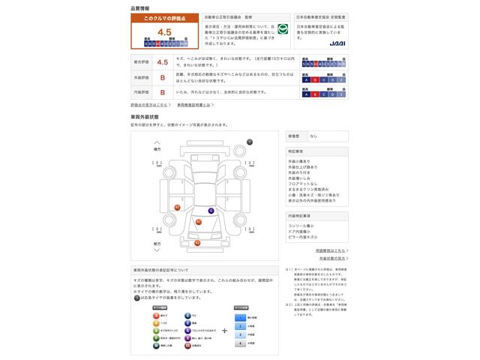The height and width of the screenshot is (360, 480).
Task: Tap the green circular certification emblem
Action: click(283, 29)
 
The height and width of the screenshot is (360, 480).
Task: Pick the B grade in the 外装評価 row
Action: click(161, 77)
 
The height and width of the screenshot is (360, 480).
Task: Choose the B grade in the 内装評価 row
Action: click(161, 92)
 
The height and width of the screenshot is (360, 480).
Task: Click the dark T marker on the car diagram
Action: click(250, 141)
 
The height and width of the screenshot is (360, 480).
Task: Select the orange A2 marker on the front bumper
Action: click(197, 243)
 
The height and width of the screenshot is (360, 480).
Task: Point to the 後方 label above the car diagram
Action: click(157, 149)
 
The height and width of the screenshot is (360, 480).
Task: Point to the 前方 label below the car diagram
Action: click(157, 244)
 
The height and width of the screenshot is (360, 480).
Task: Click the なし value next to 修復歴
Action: click(313, 136)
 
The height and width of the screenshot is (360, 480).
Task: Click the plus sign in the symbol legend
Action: click(224, 330)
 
